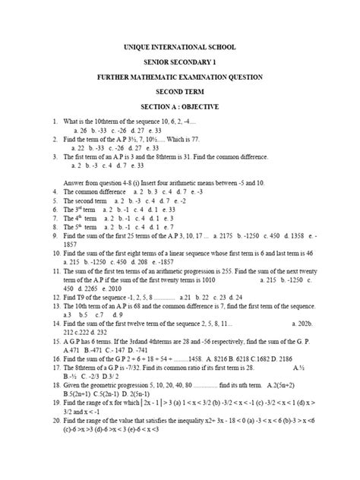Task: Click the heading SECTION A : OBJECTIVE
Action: coord(181,107)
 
